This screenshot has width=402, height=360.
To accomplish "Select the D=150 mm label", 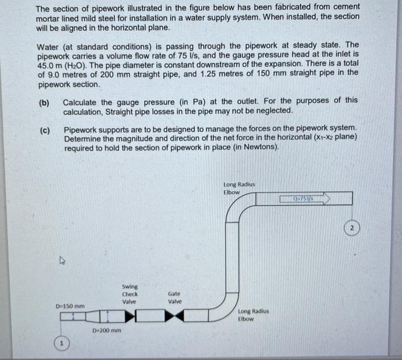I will (70, 305).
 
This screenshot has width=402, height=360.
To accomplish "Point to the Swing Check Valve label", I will (129, 293).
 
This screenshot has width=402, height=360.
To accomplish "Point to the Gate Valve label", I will (175, 297).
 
